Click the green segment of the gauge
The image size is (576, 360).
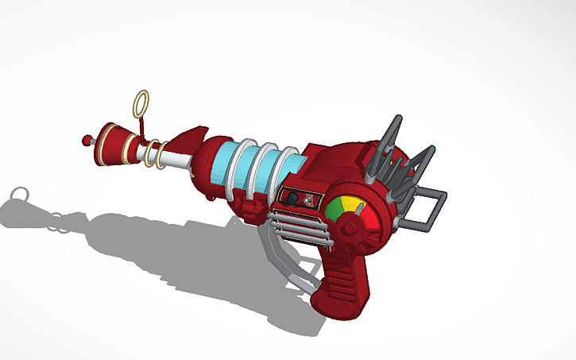333,209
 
